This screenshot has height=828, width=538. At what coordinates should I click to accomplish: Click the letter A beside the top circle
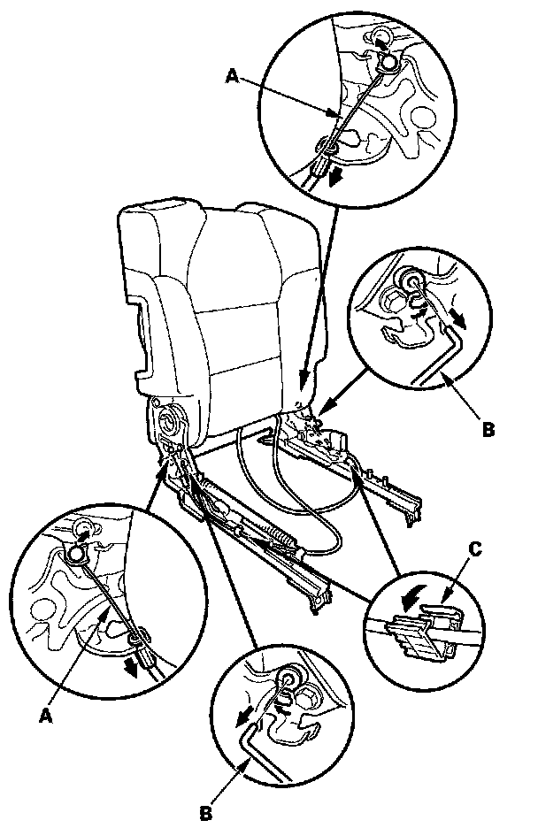(233, 77)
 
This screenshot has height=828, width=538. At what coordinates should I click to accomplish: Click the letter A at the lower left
(47, 716)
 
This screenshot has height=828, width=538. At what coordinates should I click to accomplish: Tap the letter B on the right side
(489, 429)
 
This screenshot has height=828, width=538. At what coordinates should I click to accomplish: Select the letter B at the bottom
(206, 814)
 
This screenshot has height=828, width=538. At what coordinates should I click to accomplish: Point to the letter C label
(474, 549)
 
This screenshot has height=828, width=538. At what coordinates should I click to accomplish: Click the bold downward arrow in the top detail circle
(334, 179)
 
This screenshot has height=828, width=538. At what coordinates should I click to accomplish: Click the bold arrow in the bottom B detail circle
(243, 718)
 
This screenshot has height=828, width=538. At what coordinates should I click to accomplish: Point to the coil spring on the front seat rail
(279, 542)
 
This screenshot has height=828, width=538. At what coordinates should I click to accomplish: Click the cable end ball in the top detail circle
(389, 62)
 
